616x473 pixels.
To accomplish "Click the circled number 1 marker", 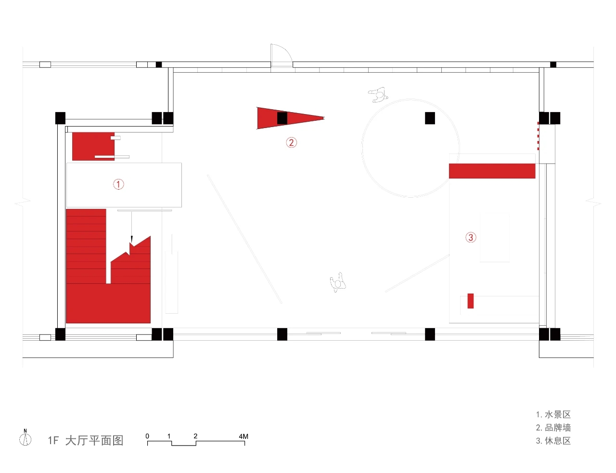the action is click(118, 184).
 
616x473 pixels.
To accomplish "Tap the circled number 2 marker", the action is click(291, 142).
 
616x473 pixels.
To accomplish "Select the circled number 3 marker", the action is click(471, 237).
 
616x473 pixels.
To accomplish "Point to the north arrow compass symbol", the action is click(25, 438).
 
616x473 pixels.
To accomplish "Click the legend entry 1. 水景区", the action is click(553, 415).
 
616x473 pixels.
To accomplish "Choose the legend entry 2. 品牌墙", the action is click(553, 428).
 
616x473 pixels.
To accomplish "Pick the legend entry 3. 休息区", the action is click(553, 441).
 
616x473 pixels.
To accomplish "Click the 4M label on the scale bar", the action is click(243, 436).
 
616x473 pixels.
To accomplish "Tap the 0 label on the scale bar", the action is click(147, 436).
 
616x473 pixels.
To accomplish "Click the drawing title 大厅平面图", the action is click(94, 441).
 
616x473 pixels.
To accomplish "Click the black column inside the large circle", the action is click(430, 118).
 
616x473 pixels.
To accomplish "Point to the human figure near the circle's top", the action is click(378, 95).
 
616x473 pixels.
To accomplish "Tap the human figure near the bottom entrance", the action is click(338, 282).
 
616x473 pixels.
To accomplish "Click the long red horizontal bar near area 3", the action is click(492, 171).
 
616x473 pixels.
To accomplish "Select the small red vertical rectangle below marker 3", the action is click(470, 301).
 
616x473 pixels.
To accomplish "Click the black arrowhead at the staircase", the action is click(131, 240).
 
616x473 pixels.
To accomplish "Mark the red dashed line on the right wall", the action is click(538, 136).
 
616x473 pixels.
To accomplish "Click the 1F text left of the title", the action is click(53, 441).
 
